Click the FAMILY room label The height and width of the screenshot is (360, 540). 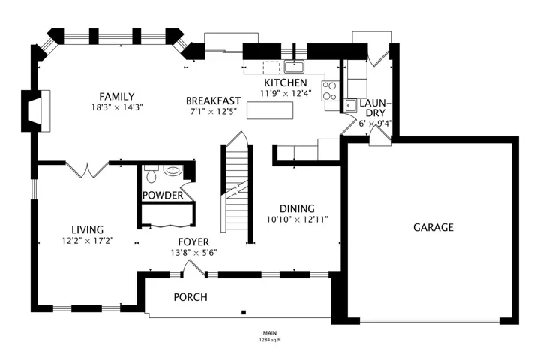[117, 97]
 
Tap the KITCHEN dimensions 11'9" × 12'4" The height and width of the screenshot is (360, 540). [286, 93]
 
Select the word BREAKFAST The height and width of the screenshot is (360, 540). [214, 100]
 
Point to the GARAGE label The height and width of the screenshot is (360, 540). [433, 227]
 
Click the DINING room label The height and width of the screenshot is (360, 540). [297, 208]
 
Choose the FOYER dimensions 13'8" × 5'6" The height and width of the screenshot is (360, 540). [193, 253]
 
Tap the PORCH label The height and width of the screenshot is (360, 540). [190, 297]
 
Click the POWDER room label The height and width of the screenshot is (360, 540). [163, 196]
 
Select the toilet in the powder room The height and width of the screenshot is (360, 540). [151, 174]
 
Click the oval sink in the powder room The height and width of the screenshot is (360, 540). [172, 170]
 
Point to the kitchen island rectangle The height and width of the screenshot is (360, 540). [270, 110]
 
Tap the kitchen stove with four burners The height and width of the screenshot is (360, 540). [329, 91]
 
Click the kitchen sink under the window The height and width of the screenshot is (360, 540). [294, 67]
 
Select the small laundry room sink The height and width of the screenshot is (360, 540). [351, 106]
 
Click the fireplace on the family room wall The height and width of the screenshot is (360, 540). [36, 111]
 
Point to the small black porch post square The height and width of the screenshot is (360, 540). [244, 313]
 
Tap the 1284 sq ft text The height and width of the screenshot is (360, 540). [270, 340]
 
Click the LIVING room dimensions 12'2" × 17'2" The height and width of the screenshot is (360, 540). [88, 241]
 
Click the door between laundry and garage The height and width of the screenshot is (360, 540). [379, 139]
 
